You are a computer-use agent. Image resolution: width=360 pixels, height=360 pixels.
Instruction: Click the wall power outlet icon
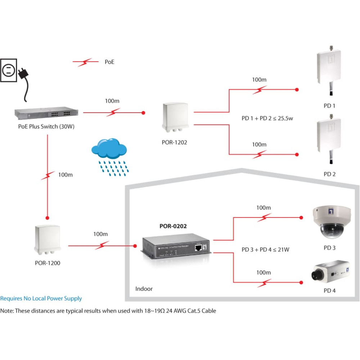[9, 70]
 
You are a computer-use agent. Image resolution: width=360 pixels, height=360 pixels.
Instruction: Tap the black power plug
[24, 73]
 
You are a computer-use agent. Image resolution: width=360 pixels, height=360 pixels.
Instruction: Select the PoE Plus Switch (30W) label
[46, 126]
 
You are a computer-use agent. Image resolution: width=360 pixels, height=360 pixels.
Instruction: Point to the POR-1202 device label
[175, 142]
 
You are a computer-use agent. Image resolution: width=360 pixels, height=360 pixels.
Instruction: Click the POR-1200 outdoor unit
[48, 240]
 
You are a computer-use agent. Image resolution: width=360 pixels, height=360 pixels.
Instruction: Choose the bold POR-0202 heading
[173, 226]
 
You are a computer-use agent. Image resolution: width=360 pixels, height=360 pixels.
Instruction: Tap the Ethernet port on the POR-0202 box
[198, 248]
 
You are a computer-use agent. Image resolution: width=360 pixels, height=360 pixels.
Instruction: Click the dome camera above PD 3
[332, 222]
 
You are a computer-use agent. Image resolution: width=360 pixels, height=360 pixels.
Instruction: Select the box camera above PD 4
[330, 271]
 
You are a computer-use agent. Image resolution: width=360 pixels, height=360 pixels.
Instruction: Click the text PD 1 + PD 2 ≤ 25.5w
[267, 118]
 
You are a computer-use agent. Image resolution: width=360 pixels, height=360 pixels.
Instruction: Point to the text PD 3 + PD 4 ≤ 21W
[265, 249]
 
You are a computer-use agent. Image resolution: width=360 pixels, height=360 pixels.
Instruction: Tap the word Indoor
[144, 289]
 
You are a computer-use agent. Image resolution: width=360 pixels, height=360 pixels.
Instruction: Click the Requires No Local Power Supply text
[41, 298]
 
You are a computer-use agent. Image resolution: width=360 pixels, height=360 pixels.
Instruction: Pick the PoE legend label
[109, 62]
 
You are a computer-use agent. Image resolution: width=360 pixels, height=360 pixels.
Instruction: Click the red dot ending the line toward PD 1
[297, 90]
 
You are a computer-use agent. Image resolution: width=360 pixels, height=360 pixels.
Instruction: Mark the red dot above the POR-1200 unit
[48, 218]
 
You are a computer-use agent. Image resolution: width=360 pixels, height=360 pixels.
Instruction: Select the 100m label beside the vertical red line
[66, 175]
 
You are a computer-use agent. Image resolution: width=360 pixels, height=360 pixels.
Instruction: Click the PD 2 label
[329, 174]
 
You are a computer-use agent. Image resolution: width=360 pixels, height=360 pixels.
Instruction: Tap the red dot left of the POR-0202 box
[135, 246]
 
